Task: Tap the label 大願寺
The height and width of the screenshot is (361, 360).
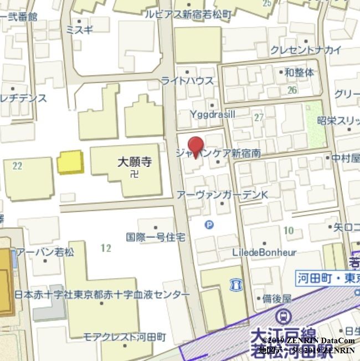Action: click(135, 162)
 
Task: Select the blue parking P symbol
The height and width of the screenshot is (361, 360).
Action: click(209, 225)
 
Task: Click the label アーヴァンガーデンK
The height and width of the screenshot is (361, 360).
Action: click(222, 195)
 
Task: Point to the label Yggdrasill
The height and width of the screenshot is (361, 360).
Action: click(213, 114)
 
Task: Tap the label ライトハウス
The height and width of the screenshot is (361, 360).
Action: click(187, 80)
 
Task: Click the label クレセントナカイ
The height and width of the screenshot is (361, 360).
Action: click(306, 50)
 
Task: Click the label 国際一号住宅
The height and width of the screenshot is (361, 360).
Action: click(156, 237)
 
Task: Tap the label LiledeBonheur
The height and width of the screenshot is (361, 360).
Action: click(265, 252)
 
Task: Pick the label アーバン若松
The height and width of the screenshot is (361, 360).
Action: click(45, 252)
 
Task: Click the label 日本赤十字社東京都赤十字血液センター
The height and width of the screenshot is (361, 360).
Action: click(102, 294)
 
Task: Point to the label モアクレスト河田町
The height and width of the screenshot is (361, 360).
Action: click(125, 337)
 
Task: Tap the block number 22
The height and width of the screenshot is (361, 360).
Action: click(17, 165)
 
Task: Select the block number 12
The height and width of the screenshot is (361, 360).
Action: click(106, 247)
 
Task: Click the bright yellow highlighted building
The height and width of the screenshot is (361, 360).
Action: click(70, 162)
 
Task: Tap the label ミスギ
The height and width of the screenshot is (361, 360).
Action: click(79, 30)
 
